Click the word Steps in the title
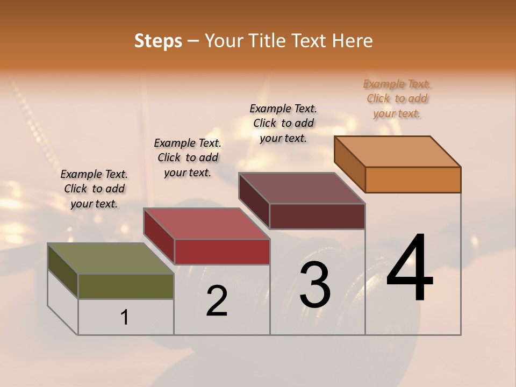click(157, 41)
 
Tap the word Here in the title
click(352, 41)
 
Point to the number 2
click(217, 301)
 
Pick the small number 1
click(125, 317)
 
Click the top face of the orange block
click(398, 151)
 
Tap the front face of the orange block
click(413, 180)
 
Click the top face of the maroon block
click(302, 188)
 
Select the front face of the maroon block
click(317, 217)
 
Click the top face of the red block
click(206, 224)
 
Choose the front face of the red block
click(221, 252)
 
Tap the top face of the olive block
click(111, 259)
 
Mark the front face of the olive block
click(126, 286)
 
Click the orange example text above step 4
click(397, 98)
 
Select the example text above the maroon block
click(283, 123)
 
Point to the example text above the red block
click(188, 157)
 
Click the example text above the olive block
click(94, 189)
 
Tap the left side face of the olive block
click(63, 271)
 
